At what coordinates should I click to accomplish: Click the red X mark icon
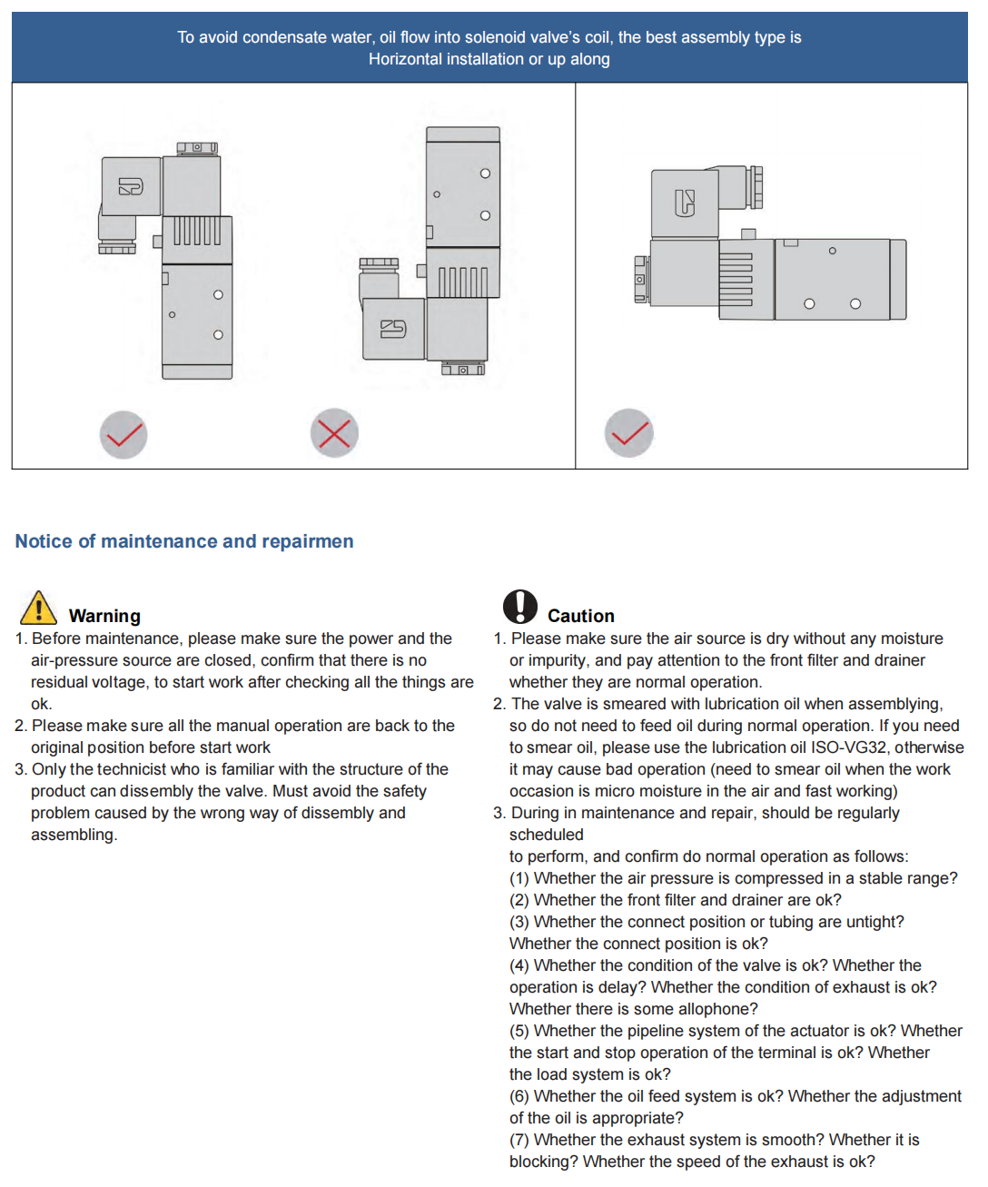coord(334,433)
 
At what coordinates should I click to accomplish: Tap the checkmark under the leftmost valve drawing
coord(123,435)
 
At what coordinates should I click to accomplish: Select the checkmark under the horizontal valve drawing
coord(629,433)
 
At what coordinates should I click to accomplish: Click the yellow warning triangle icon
coord(38,608)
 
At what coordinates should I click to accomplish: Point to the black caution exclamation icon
coord(520,606)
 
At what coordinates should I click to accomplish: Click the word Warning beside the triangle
coord(104,616)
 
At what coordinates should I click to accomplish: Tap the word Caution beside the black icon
coord(580,616)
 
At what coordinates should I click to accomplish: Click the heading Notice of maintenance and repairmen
coord(184,541)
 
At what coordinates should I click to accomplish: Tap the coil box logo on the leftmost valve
coord(131,187)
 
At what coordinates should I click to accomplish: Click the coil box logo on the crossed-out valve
coord(393,329)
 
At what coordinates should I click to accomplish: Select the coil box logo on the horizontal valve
coord(685,203)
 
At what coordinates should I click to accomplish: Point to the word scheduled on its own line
coord(546,835)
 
